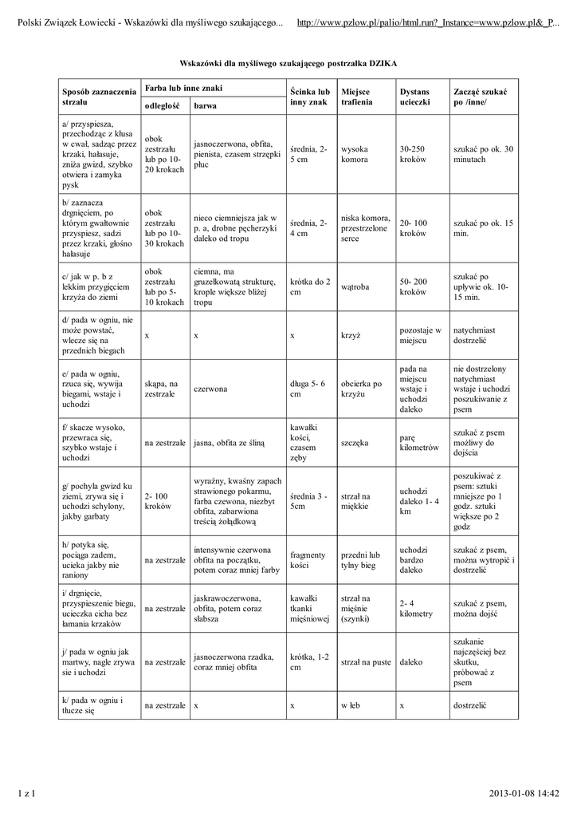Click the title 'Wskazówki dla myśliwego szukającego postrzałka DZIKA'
tap(288, 61)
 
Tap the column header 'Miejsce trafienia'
tap(358, 98)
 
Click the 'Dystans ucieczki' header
tap(415, 98)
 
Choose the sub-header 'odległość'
tap(161, 105)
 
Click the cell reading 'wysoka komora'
tap(355, 155)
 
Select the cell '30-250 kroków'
tap(413, 155)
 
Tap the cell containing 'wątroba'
tap(354, 286)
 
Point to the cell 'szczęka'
tap(355, 442)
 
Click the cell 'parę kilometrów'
tap(419, 442)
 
